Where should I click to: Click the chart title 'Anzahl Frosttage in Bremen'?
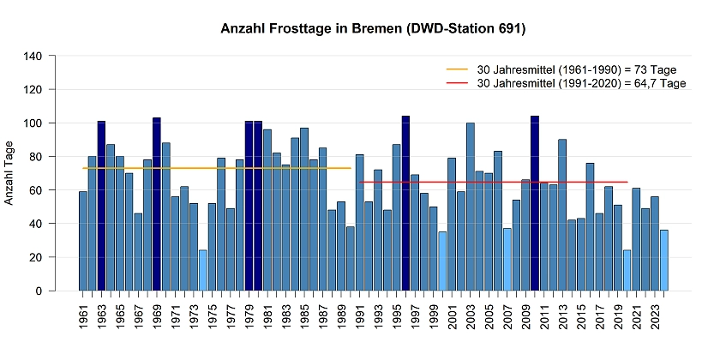click(x=373, y=28)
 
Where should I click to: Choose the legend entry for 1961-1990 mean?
click(x=566, y=69)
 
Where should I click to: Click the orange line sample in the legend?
click(x=458, y=69)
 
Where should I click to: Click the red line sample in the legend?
click(x=458, y=83)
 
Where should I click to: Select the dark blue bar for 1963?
click(x=102, y=206)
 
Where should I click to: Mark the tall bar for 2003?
click(x=471, y=207)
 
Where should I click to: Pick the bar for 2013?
click(x=562, y=215)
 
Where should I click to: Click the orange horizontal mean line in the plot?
click(x=214, y=168)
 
